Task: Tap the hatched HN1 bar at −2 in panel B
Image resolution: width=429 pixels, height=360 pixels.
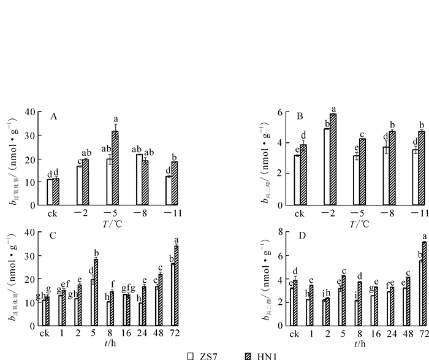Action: pyautogui.click(x=333, y=159)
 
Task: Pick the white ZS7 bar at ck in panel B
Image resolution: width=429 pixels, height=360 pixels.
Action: pyautogui.click(x=297, y=180)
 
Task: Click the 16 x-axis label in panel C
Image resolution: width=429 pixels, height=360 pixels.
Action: pyautogui.click(x=127, y=334)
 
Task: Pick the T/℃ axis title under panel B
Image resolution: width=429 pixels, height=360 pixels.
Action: pyautogui.click(x=356, y=223)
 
